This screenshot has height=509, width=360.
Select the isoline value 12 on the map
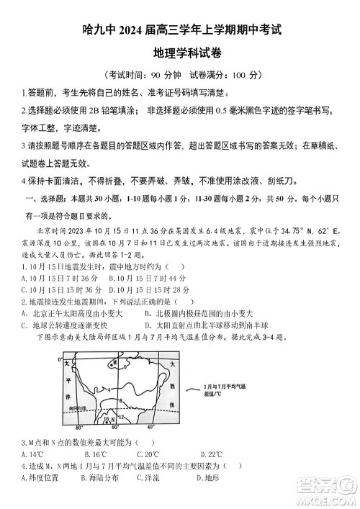click(x=121, y=416)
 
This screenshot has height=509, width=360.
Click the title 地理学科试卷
click(x=180, y=53)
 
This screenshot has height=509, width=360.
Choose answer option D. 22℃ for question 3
click(x=210, y=454)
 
